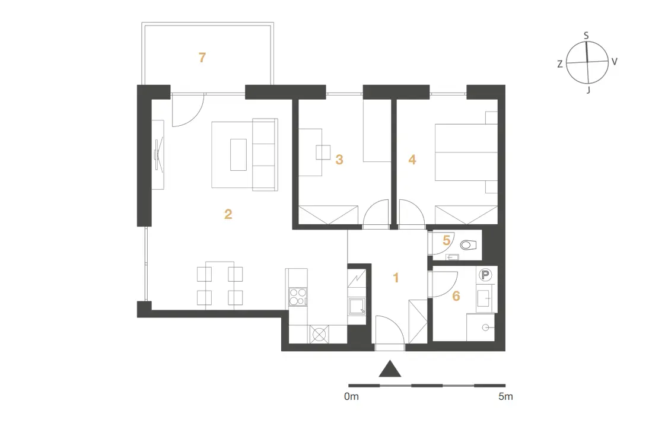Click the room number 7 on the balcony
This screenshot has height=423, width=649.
202,58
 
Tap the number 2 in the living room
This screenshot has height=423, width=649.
228,214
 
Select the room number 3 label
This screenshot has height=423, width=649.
339,160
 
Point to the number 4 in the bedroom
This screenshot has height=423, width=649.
412,160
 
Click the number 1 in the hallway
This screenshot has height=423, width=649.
396,278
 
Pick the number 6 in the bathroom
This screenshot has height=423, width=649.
456,296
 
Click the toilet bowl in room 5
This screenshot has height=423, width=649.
469,245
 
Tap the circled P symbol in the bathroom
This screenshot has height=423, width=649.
485,275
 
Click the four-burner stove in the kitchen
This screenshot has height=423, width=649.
298,297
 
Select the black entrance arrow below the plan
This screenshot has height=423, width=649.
390,369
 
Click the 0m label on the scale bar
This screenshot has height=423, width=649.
351,396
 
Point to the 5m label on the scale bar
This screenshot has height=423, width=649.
505,396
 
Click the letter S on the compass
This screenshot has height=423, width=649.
586,36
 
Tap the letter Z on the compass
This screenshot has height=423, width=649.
560,64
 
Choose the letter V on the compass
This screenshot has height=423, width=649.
615,62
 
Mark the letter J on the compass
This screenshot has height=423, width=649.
588,90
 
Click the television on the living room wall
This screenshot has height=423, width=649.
158,154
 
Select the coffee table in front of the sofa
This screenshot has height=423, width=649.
238,154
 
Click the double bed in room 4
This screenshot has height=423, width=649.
466,152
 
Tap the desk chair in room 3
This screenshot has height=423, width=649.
323,152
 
